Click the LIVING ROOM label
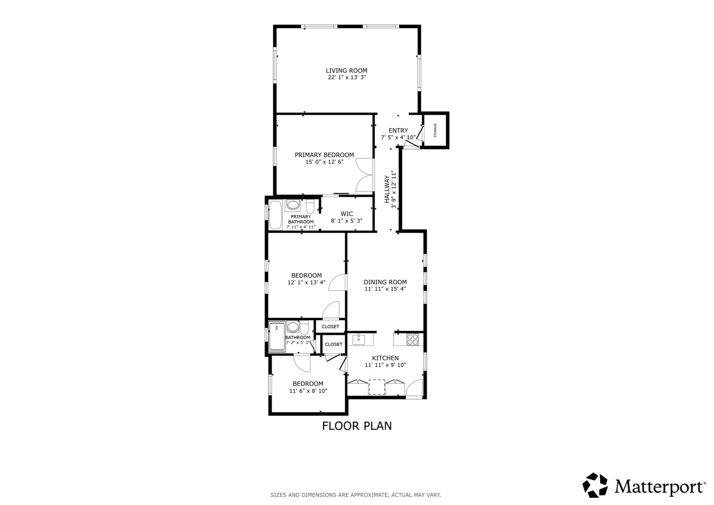click(x=346, y=71)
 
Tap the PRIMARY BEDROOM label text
click(x=324, y=155)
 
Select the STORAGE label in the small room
click(x=435, y=130)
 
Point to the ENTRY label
click(x=398, y=130)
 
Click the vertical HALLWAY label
click(x=387, y=189)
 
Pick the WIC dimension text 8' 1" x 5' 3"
click(x=346, y=221)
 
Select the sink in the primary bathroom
click(x=293, y=205)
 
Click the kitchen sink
click(x=359, y=339)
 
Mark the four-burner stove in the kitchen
click(x=412, y=339)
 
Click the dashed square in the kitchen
click(x=376, y=387)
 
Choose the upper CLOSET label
click(x=330, y=327)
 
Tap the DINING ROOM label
click(x=385, y=282)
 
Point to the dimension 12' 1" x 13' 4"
click(x=306, y=282)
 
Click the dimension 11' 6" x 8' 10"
click(x=308, y=391)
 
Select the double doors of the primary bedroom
click(x=365, y=175)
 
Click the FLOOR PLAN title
click(x=357, y=426)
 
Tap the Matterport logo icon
click(x=595, y=485)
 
